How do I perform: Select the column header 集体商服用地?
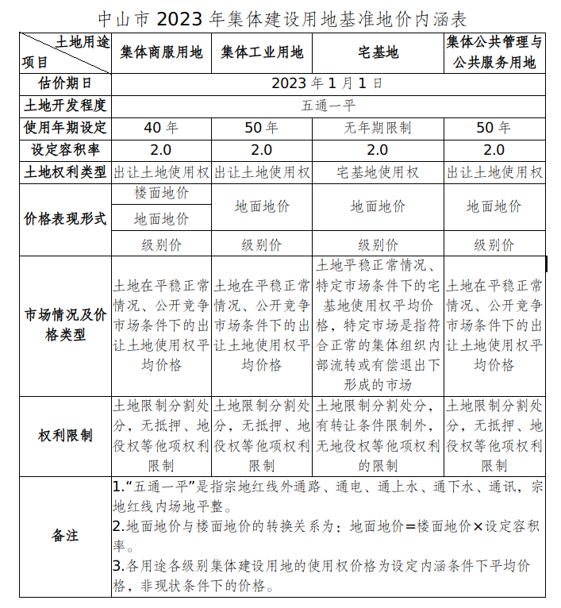tap(162, 52)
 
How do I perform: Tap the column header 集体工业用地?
tap(262, 52)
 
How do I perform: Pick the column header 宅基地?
tap(378, 52)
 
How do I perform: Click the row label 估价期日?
tap(65, 83)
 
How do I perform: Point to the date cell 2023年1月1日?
tap(327, 83)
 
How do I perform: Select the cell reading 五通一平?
tap(327, 105)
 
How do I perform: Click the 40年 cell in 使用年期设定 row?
tap(162, 127)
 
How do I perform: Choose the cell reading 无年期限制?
tap(378, 127)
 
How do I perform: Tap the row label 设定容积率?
tap(65, 149)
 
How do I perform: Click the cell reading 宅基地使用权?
tap(378, 171)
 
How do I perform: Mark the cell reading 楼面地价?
tap(162, 193)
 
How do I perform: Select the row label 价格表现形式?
tap(65, 219)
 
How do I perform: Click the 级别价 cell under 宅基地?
tap(378, 244)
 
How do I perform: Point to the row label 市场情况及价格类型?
tap(65, 325)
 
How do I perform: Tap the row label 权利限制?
tap(65, 435)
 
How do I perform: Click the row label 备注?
tap(65, 535)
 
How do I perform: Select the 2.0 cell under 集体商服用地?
tap(162, 149)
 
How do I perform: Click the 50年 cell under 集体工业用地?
tap(262, 127)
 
